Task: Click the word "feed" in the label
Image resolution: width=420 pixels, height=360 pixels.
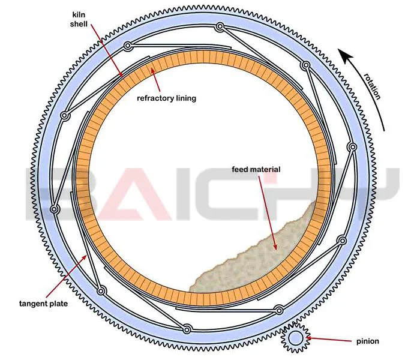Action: coord(240,170)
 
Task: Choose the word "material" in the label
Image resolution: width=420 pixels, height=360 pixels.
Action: coord(265,170)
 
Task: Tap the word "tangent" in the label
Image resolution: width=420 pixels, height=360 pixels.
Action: coord(37,304)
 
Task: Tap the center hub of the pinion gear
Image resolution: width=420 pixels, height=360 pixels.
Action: coord(295,340)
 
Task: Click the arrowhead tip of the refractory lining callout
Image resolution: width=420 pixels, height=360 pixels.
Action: coord(151,68)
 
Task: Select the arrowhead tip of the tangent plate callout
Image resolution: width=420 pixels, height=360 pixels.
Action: coord(89,254)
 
